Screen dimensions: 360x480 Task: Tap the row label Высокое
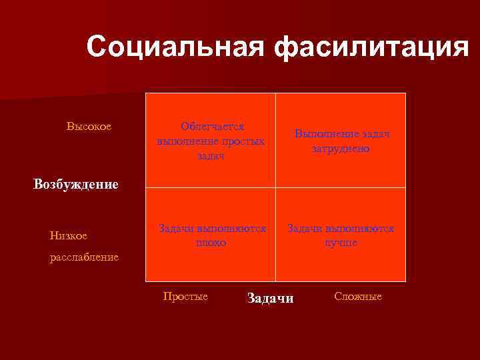(89, 126)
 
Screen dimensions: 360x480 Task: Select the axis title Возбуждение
(75, 185)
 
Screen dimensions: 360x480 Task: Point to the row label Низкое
(68, 235)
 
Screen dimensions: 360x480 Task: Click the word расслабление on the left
(84, 257)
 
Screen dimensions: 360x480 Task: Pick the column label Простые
(185, 297)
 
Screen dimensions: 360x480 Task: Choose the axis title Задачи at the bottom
(270, 298)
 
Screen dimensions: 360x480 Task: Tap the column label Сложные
(358, 297)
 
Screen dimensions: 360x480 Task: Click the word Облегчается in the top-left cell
(212, 126)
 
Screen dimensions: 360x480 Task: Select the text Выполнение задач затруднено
(341, 141)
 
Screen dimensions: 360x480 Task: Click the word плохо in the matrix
(211, 243)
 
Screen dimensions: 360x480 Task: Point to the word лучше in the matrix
(341, 243)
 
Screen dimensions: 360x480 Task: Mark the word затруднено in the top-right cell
(341, 149)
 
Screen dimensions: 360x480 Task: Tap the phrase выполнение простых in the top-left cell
(211, 141)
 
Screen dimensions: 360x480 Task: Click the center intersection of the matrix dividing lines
(275, 187)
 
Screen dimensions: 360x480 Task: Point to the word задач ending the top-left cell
(211, 155)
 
